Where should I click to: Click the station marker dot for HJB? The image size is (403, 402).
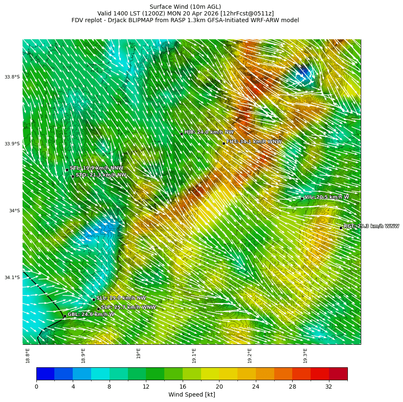click(181, 134)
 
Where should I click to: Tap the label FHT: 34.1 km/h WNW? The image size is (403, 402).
click(254, 142)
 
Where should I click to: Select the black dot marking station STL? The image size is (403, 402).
click(67, 170)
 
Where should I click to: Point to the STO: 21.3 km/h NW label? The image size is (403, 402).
click(101, 175)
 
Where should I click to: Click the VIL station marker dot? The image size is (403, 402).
click(302, 198)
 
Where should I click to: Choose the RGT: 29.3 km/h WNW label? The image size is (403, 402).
click(371, 226)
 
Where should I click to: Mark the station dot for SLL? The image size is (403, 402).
click(94, 300)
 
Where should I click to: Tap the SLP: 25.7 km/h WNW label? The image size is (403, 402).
click(128, 307)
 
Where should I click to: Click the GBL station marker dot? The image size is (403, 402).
click(65, 316)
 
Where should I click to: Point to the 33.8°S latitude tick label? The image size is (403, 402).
click(12, 77)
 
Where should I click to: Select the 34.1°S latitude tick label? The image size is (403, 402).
click(12, 277)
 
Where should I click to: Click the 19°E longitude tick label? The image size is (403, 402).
click(139, 353)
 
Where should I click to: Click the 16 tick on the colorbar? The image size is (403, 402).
click(182, 387)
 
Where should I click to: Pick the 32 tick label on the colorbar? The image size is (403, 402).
click(329, 387)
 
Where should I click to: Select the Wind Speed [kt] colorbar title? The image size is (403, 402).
click(191, 395)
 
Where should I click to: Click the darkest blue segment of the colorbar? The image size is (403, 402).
click(45, 374)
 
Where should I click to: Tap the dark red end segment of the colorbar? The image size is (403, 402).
click(338, 374)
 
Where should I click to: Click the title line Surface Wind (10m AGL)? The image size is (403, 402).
click(185, 7)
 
